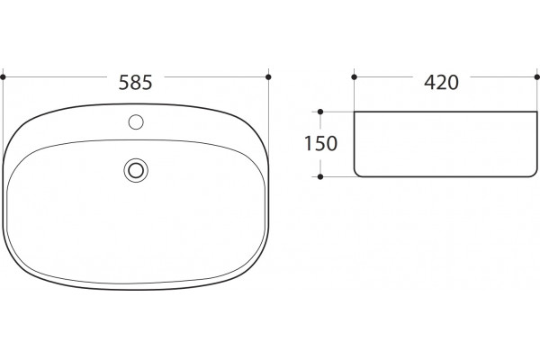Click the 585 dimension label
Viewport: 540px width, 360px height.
click(135, 83)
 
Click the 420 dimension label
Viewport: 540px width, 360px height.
click(441, 83)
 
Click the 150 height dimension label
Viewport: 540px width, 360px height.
click(320, 144)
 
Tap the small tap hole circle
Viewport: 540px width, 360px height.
click(136, 122)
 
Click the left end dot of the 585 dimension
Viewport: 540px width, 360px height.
click(3, 76)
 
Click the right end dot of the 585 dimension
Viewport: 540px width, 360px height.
click(268, 76)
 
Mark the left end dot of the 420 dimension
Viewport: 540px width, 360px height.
click(355, 76)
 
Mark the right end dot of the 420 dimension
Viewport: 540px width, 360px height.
click(537, 76)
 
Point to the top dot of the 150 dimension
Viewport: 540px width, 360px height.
click(320, 112)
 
